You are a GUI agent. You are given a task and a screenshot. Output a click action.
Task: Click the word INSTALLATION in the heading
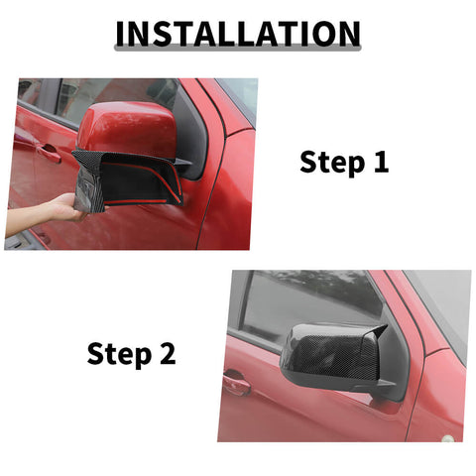[237, 33]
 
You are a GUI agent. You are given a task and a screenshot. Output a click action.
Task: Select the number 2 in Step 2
[167, 353]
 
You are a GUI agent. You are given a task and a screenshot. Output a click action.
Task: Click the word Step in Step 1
[331, 163]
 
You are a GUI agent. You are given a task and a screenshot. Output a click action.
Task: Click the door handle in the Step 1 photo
[44, 150]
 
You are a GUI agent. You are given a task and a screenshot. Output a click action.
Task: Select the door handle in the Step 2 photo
[236, 381]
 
